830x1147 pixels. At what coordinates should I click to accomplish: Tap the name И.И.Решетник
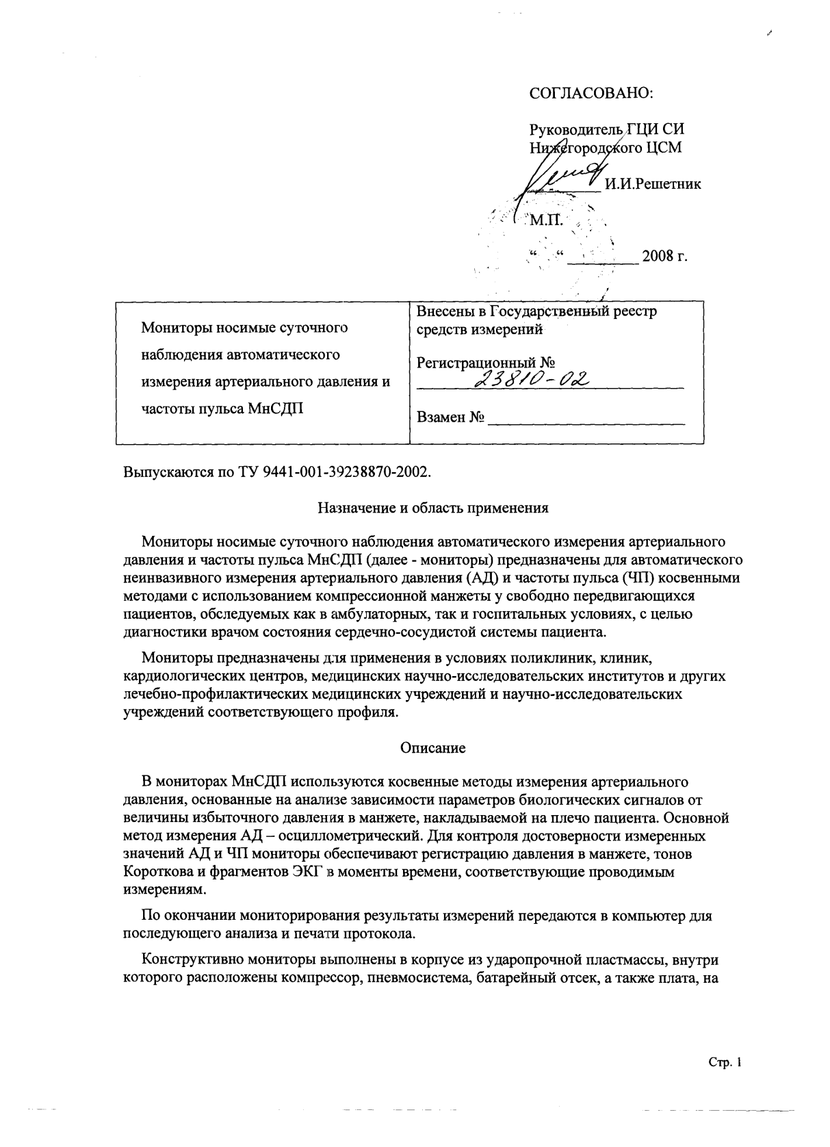pyautogui.click(x=653, y=184)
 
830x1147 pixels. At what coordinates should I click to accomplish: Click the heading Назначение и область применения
pyautogui.click(x=433, y=508)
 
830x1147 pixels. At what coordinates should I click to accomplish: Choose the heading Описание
pyautogui.click(x=432, y=748)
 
